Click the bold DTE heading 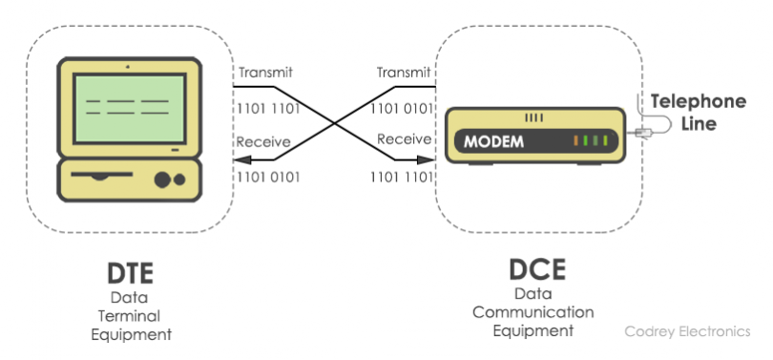pos(130,274)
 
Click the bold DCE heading pos(533,270)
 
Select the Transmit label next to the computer pos(265,73)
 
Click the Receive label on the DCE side pos(405,139)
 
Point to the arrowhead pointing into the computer pos(239,159)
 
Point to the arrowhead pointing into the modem pos(432,159)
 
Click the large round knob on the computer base pos(161,180)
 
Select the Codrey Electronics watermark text pos(687,331)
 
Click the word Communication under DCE pos(533,312)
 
